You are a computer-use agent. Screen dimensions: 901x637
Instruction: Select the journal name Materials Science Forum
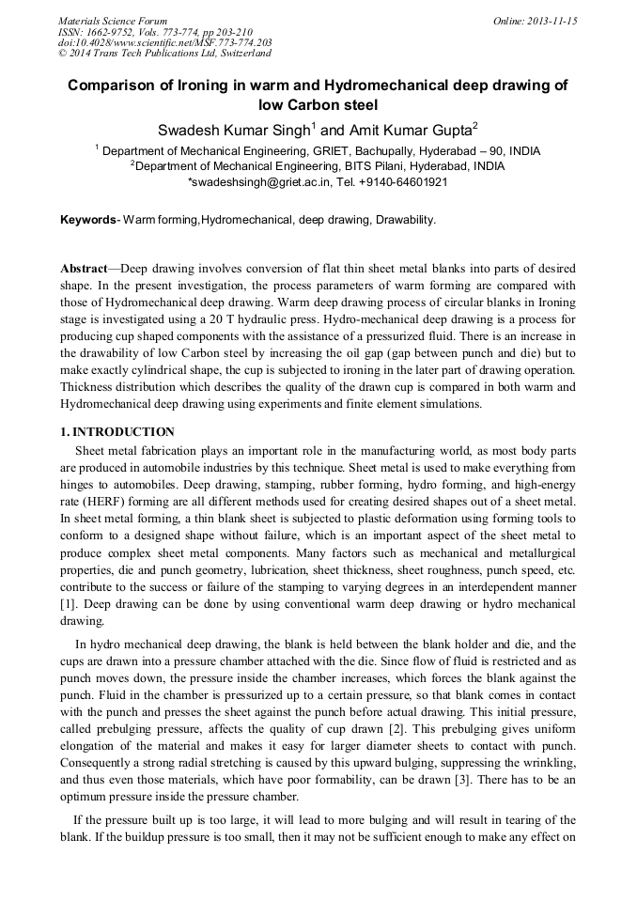pyautogui.click(x=113, y=21)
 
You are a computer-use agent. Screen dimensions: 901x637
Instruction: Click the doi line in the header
pyautogui.click(x=164, y=42)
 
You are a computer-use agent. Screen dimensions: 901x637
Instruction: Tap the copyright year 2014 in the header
pyautogui.click(x=83, y=54)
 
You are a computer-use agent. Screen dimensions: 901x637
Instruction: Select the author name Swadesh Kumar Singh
pyautogui.click(x=234, y=130)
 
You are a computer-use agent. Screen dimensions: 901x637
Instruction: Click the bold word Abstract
pyautogui.click(x=84, y=269)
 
